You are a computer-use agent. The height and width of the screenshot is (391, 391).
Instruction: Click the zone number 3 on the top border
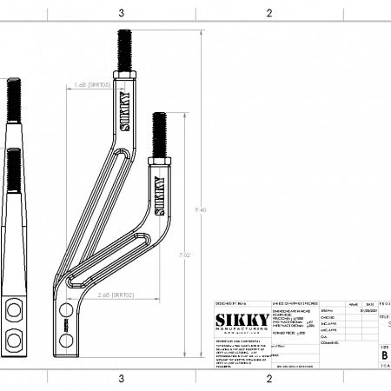pos(122,12)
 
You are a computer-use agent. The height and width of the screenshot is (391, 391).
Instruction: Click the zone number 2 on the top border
pos(269,12)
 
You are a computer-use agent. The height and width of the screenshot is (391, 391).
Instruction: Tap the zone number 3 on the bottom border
pos(122,379)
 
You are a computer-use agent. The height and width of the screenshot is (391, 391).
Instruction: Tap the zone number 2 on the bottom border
pos(269,379)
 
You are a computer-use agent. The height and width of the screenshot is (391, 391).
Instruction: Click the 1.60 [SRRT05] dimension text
pos(92,85)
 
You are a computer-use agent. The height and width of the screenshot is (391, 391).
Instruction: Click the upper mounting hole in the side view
pos(13,310)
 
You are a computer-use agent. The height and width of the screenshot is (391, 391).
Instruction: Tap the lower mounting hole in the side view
pos(13,335)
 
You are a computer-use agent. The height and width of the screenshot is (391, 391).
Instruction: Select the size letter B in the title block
pos(384,355)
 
